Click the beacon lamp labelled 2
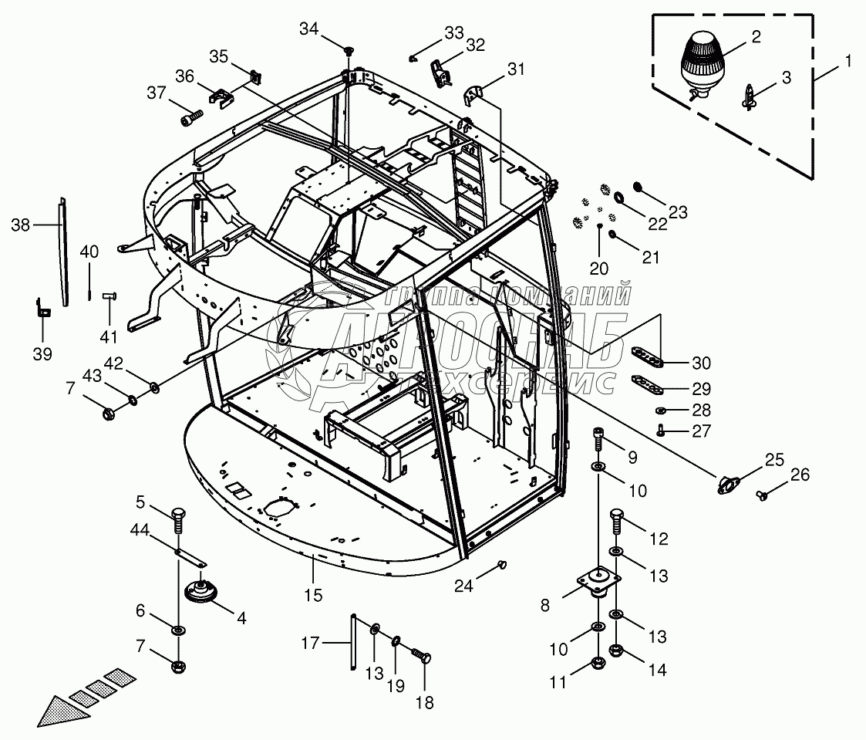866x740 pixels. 703,64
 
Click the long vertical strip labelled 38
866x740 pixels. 62,252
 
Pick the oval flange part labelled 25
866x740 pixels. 728,485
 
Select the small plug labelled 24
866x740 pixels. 503,566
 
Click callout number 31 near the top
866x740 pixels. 515,69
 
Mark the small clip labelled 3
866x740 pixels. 750,97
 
